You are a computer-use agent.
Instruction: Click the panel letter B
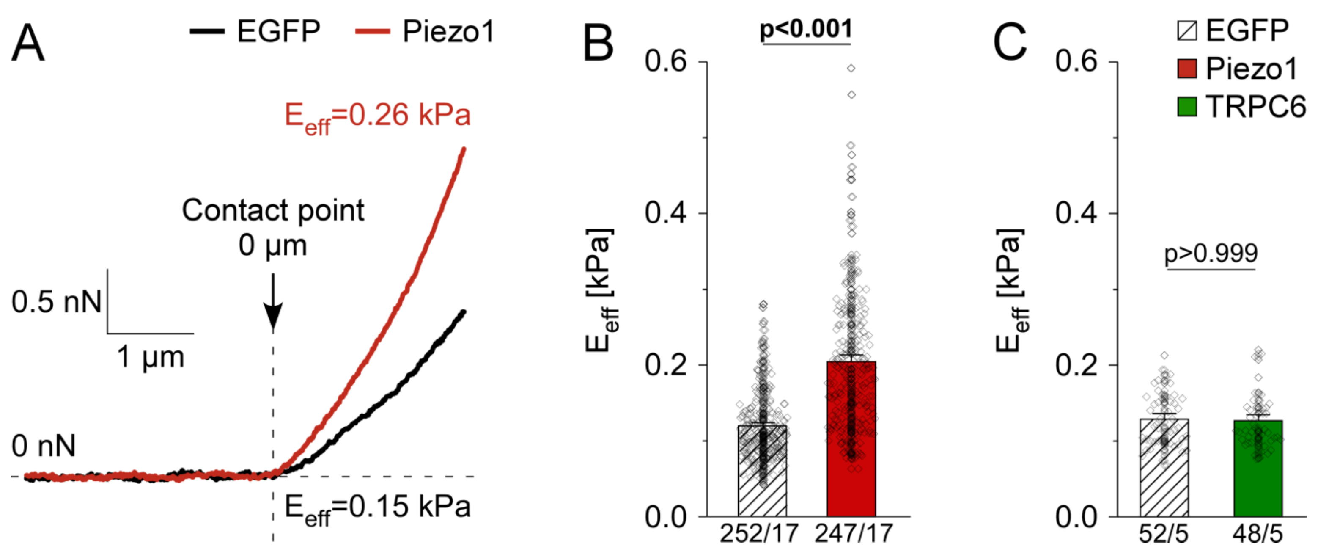click(598, 44)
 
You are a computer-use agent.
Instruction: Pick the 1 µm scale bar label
click(151, 357)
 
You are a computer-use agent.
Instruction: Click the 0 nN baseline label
click(44, 446)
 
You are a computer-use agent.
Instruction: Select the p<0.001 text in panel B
click(806, 29)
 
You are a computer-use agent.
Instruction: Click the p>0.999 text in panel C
click(1211, 253)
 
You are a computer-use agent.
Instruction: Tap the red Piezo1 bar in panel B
click(851, 440)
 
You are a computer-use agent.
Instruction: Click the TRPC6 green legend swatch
click(1186, 107)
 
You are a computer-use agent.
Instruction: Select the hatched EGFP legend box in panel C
click(1186, 31)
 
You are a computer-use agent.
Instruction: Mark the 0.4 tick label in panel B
click(665, 213)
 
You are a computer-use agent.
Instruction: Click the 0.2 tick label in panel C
click(1076, 365)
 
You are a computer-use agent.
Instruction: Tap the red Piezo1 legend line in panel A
click(373, 32)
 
